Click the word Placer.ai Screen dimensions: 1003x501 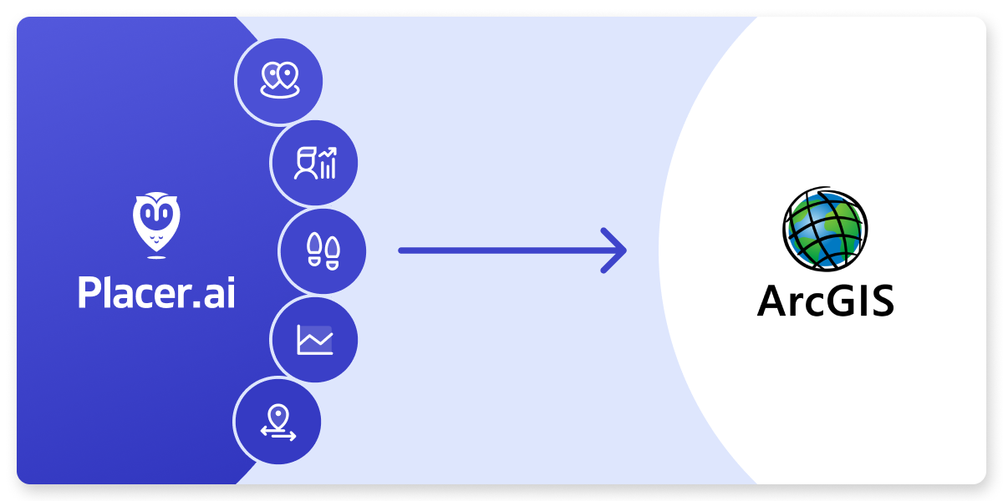click(156, 293)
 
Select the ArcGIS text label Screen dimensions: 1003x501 click(825, 301)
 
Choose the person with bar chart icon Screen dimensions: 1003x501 click(315, 164)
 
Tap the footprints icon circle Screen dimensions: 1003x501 click(323, 250)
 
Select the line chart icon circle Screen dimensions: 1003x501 click(314, 339)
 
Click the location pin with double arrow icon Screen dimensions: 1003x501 click(278, 421)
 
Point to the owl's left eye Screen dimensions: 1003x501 click(148, 213)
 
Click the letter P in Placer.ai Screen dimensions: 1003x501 click(89, 293)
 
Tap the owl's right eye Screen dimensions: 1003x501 click(165, 213)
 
